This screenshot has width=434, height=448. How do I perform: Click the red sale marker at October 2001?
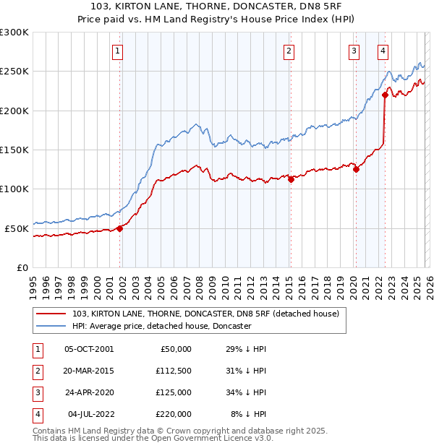click(x=120, y=228)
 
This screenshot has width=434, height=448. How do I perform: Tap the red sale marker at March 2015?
click(x=291, y=180)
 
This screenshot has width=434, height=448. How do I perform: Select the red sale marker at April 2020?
click(x=356, y=170)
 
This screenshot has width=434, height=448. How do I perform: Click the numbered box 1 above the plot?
click(x=117, y=51)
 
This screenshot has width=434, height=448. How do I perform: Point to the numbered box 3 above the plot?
click(x=354, y=51)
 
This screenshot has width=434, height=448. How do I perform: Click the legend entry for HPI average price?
click(x=161, y=326)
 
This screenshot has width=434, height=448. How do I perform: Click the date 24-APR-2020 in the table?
click(x=89, y=392)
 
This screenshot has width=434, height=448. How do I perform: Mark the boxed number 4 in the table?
click(x=35, y=414)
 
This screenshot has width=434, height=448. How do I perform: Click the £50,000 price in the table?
click(x=175, y=349)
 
